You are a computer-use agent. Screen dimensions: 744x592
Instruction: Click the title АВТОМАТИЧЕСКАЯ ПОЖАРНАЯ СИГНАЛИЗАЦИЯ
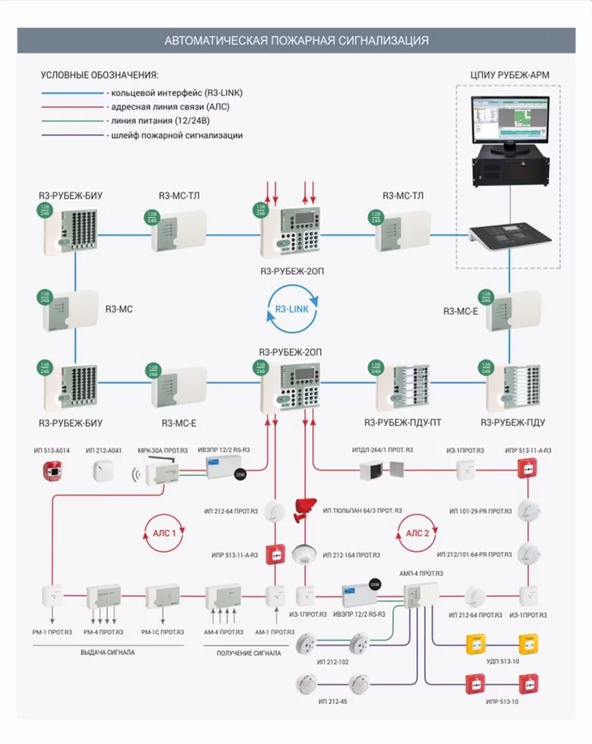296,40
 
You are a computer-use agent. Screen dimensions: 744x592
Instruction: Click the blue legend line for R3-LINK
72,93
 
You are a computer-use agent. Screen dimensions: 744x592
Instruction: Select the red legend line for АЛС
72,107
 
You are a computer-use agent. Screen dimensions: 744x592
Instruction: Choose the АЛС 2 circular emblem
417,533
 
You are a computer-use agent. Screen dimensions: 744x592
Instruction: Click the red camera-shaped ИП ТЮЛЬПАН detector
307,508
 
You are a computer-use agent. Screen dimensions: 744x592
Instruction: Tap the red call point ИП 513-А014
51,471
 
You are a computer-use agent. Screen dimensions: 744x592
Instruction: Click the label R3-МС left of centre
118,310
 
